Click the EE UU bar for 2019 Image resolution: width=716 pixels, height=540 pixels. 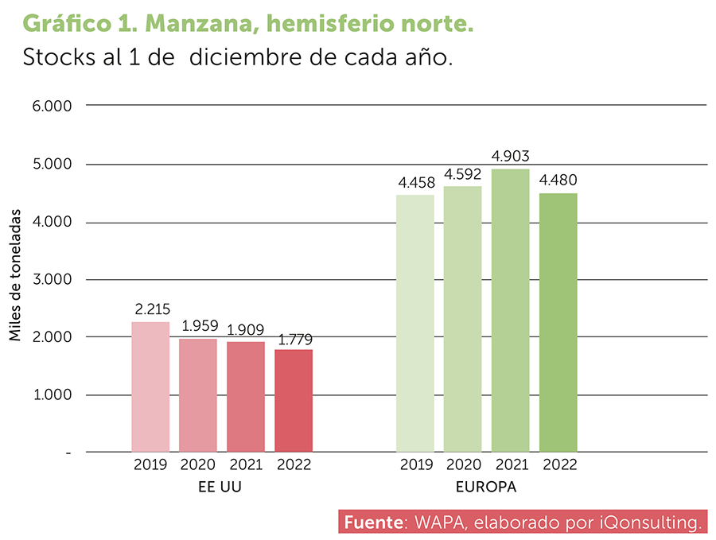[150, 387]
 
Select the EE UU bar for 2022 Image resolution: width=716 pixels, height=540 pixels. [294, 401]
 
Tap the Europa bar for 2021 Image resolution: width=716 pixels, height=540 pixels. [510, 310]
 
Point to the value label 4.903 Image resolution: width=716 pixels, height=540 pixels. [510, 156]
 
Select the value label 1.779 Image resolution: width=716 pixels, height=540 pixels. [294, 340]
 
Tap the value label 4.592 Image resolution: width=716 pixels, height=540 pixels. [462, 173]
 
